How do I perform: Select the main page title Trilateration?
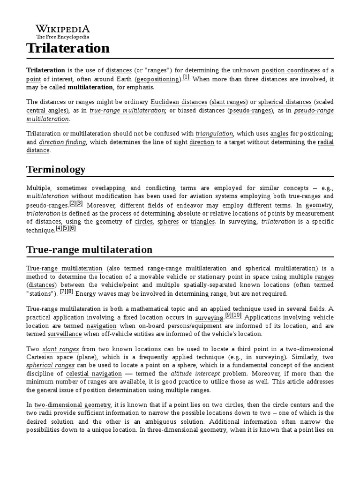coord(67,48)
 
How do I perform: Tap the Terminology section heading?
coord(56,169)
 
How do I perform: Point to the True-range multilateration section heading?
coord(89,249)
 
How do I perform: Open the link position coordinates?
coord(291,70)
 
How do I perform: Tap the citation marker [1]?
coord(186,77)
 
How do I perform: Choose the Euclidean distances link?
coord(179,102)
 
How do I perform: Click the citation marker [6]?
coord(73,228)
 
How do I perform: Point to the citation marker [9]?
coord(229,316)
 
